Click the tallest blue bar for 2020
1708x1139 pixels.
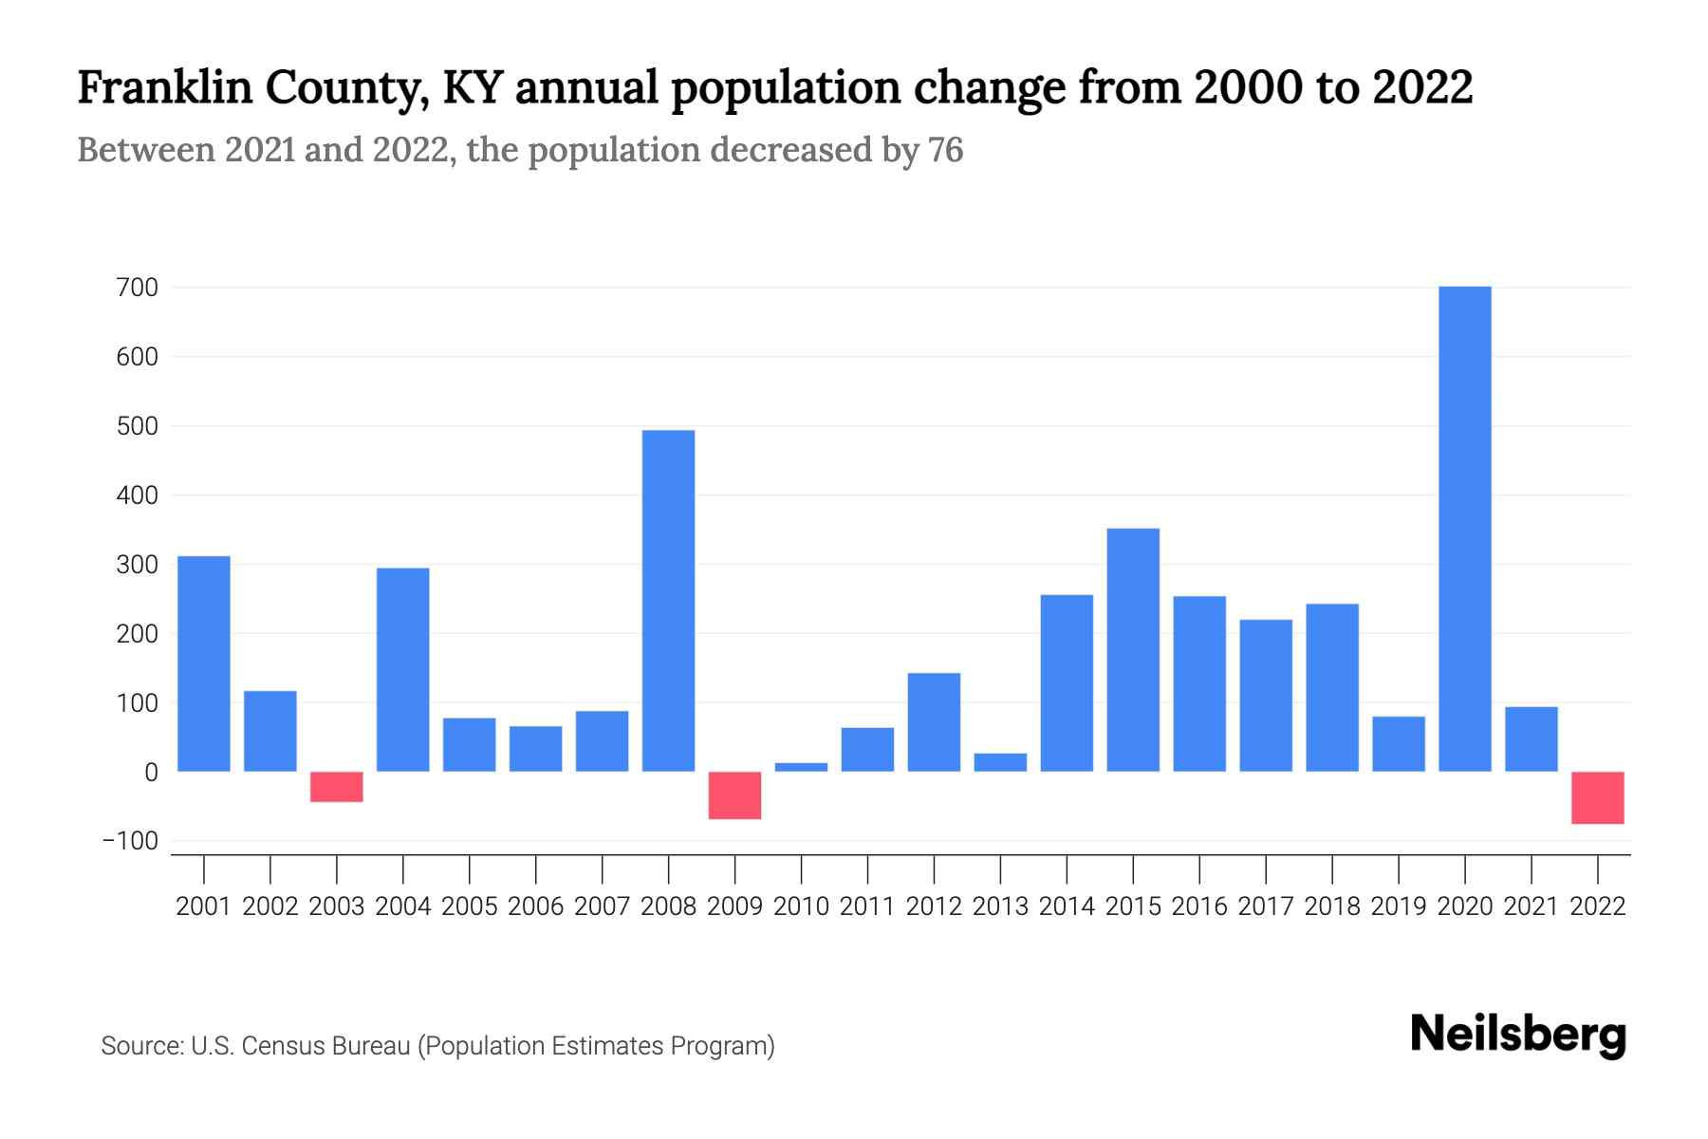pyautogui.click(x=1464, y=529)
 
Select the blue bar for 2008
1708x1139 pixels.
pyautogui.click(x=668, y=601)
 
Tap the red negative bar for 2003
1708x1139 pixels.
pyautogui.click(x=337, y=787)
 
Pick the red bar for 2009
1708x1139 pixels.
pyautogui.click(x=734, y=795)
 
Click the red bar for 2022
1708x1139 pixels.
pyautogui.click(x=1597, y=797)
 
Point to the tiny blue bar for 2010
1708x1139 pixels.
pyautogui.click(x=801, y=767)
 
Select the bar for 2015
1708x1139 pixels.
pyautogui.click(x=1133, y=650)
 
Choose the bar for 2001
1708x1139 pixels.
pyautogui.click(x=204, y=663)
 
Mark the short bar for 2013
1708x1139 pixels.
pyautogui.click(x=1000, y=762)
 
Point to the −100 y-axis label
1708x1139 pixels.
pyautogui.click(x=131, y=841)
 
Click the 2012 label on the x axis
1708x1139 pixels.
pyautogui.click(x=934, y=906)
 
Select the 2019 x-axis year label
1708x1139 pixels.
pyautogui.click(x=1399, y=906)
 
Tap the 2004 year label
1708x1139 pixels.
pyautogui.click(x=403, y=906)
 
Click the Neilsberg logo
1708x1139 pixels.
pyautogui.click(x=1518, y=1035)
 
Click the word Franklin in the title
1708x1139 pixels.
pyautogui.click(x=164, y=87)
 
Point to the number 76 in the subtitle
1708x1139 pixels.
pyautogui.click(x=945, y=150)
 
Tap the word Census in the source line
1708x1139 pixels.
pyautogui.click(x=281, y=1046)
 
